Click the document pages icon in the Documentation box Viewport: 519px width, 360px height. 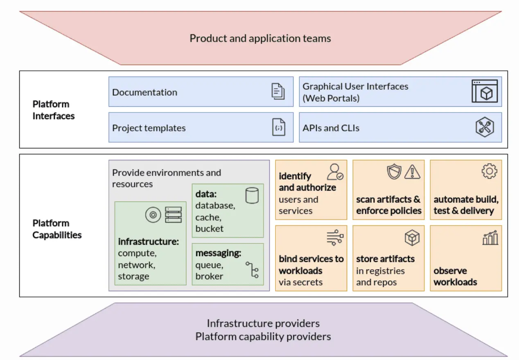pos(278,91)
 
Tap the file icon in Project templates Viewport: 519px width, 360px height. pos(279,127)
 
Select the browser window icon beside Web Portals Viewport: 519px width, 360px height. pos(485,91)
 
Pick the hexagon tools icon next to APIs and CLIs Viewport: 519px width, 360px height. pos(485,127)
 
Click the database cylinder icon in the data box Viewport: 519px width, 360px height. pos(252,195)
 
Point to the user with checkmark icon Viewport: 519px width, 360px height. pos(335,172)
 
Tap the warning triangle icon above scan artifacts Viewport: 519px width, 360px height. pos(412,172)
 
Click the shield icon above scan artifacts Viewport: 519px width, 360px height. pos(394,172)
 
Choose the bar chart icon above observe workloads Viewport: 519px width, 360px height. pos(490,238)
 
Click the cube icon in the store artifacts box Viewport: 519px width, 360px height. pos(412,238)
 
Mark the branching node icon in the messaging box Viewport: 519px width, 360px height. pos(252,270)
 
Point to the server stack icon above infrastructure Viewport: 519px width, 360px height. pos(173,215)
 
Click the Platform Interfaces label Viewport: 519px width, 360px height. pos(54,110)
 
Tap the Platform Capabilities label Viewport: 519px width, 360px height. pos(57,229)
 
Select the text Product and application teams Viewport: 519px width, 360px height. pos(260,38)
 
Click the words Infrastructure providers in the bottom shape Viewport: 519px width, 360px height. pos(263,324)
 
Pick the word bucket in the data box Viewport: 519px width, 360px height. pos(210,229)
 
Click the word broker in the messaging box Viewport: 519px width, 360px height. pos(209,276)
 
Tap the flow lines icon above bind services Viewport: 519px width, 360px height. pos(335,238)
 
